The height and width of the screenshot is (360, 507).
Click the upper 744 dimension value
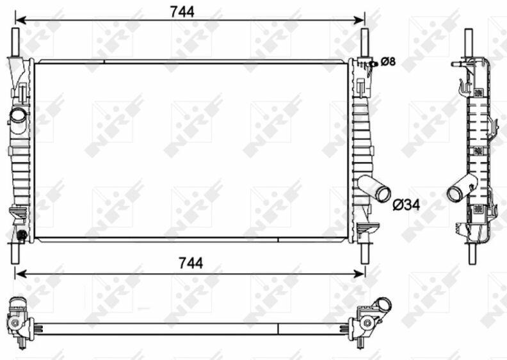(182, 12)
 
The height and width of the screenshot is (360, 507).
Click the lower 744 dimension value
(191, 263)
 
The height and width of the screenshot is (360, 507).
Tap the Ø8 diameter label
(388, 61)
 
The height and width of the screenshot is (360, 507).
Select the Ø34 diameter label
(406, 204)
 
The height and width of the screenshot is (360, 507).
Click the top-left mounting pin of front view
(15, 42)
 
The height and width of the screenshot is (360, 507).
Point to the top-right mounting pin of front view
(365, 43)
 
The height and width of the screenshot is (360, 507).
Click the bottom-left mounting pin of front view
(15, 253)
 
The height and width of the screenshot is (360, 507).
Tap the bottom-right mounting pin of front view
(365, 254)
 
